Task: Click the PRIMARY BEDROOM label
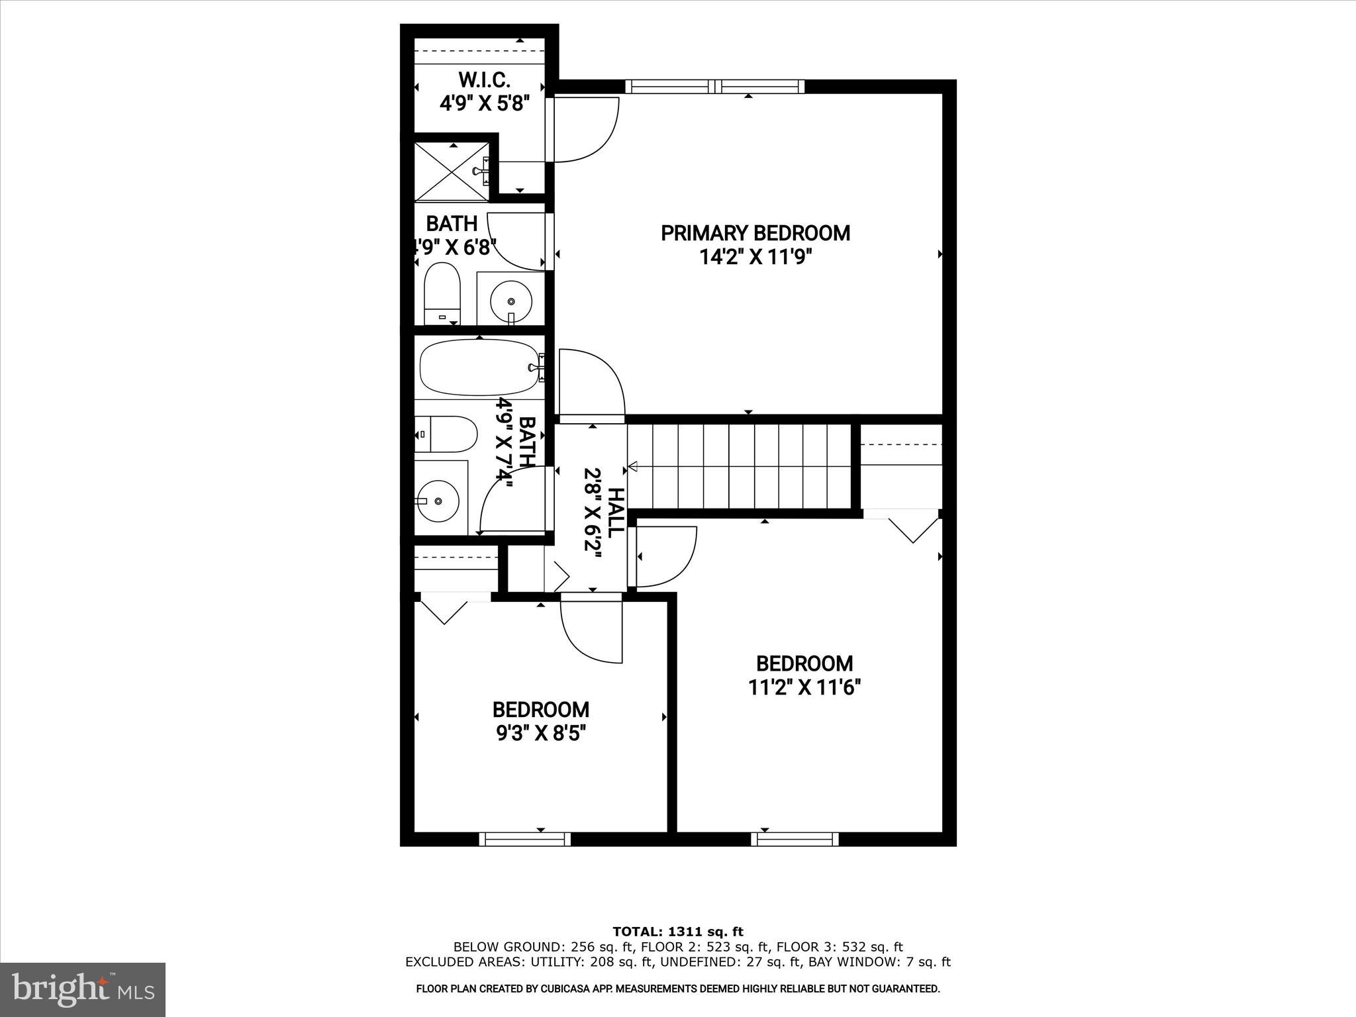[755, 233]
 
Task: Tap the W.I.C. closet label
[484, 80]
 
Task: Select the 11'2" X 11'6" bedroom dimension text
[804, 688]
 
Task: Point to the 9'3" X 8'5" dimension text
[540, 734]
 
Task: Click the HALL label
[615, 512]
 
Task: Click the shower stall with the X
[451, 171]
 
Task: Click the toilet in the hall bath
[446, 434]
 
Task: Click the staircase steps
[740, 466]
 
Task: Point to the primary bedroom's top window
[715, 86]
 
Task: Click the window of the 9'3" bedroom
[525, 839]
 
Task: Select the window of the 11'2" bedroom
[795, 839]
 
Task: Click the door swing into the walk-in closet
[583, 129]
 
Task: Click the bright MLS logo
[83, 989]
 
